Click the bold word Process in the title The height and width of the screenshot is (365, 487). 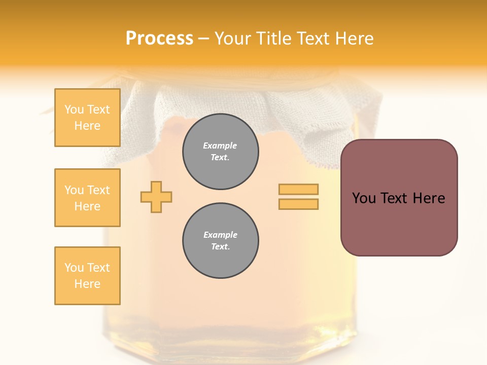pos(159,39)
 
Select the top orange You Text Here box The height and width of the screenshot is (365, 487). pos(87,118)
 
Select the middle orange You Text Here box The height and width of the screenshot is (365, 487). pos(87,198)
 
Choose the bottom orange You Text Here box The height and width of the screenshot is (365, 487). pos(87,276)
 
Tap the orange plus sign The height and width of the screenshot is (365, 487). pos(156,197)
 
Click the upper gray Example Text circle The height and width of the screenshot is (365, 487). pos(220,152)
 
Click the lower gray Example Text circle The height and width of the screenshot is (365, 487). pos(220,241)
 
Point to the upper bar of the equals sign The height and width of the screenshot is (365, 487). pos(298,189)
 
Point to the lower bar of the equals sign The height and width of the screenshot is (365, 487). pos(298,204)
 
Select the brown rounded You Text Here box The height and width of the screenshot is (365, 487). pos(399,198)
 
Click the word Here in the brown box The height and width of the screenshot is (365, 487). pos(429,198)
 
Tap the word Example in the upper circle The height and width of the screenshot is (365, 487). pos(220,145)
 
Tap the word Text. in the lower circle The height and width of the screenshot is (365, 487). pos(220,247)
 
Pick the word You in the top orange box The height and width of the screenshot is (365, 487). pos(74,109)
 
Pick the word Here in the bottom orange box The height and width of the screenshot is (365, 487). pos(87,284)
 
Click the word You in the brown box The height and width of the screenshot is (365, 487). pos(364,198)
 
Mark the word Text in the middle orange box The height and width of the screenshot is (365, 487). pos(98,190)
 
